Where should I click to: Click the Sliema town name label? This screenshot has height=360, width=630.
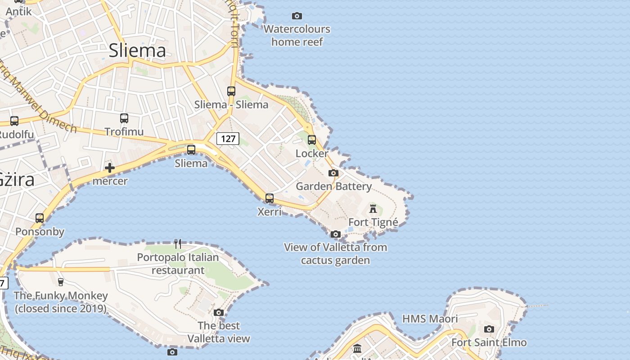(137, 50)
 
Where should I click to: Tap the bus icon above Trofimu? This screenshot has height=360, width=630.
(124, 118)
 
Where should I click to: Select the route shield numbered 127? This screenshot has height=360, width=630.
(228, 139)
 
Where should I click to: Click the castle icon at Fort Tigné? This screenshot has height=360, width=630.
(373, 208)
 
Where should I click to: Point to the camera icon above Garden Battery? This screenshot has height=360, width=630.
(333, 173)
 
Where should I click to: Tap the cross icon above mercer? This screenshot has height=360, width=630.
(109, 168)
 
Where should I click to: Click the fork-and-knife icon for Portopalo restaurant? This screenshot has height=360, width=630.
(178, 244)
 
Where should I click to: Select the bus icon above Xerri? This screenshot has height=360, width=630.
(270, 198)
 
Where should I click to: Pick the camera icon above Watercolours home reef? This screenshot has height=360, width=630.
(297, 16)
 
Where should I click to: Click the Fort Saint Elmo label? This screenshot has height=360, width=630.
(489, 342)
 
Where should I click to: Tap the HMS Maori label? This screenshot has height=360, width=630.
(430, 319)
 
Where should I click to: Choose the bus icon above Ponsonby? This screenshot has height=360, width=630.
(40, 218)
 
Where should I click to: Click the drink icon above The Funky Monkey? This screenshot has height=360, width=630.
(61, 282)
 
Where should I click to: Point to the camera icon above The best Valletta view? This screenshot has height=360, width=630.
(219, 312)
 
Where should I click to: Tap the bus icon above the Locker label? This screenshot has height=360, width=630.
(312, 140)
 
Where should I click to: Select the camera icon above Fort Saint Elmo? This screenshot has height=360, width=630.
(489, 329)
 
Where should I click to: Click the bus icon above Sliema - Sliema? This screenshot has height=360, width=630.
(231, 91)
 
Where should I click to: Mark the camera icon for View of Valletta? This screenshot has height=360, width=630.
(335, 234)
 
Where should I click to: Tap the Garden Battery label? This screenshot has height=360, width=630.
(333, 186)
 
